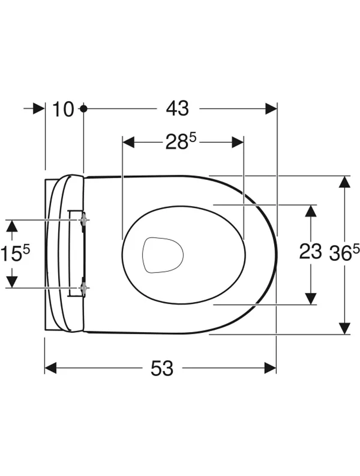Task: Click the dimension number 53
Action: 162,368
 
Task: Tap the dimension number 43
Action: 178,108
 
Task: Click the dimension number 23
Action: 310,251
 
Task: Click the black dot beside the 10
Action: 83,108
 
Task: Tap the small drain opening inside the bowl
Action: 163,254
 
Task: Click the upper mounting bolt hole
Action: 84,219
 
